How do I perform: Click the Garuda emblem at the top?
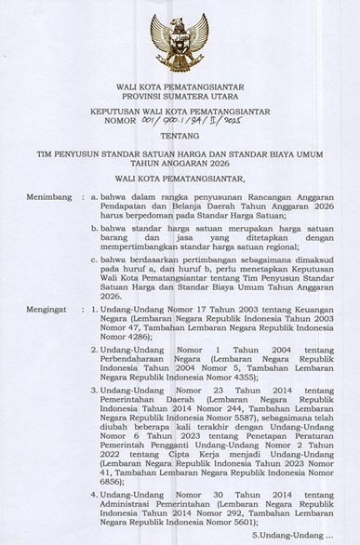click(180, 42)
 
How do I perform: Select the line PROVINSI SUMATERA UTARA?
click(180, 97)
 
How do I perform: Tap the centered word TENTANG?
click(180, 135)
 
